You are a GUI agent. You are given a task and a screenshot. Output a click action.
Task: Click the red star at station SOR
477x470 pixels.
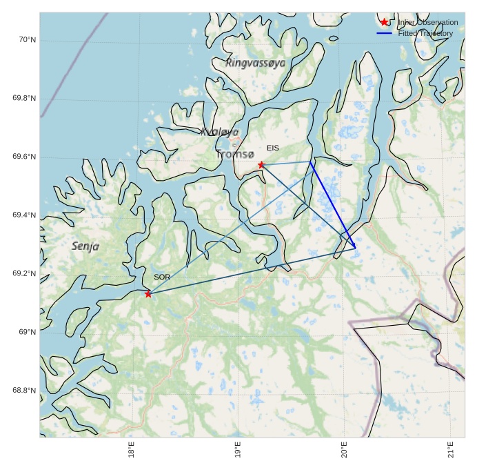coord(148,294)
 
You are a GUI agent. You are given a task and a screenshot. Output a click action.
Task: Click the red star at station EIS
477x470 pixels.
coord(261,165)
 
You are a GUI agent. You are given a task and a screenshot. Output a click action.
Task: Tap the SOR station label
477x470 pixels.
coord(162,277)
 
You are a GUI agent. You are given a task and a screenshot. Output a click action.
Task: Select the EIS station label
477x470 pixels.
coord(273,148)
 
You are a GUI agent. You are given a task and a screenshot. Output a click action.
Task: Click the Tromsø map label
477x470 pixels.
coord(235,155)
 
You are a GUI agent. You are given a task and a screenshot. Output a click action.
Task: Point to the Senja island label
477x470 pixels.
coord(85,246)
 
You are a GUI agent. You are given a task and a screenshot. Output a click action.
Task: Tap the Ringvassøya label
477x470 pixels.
coord(255,63)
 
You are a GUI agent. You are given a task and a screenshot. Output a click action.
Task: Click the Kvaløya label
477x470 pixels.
coord(220,132)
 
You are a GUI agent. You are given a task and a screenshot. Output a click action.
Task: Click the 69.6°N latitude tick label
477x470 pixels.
coord(24,157)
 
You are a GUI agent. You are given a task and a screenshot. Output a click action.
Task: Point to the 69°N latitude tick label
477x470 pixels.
coord(27,332)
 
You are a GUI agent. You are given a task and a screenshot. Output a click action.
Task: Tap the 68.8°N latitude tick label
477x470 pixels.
coord(24,391)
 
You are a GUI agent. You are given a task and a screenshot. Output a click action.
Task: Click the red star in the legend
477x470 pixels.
coord(385,22)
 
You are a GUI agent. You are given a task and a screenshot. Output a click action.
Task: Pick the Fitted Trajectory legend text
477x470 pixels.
coord(425,33)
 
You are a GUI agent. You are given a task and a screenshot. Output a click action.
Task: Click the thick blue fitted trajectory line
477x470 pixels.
coord(333,204)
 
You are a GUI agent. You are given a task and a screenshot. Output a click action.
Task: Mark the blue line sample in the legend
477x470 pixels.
coord(385,33)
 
